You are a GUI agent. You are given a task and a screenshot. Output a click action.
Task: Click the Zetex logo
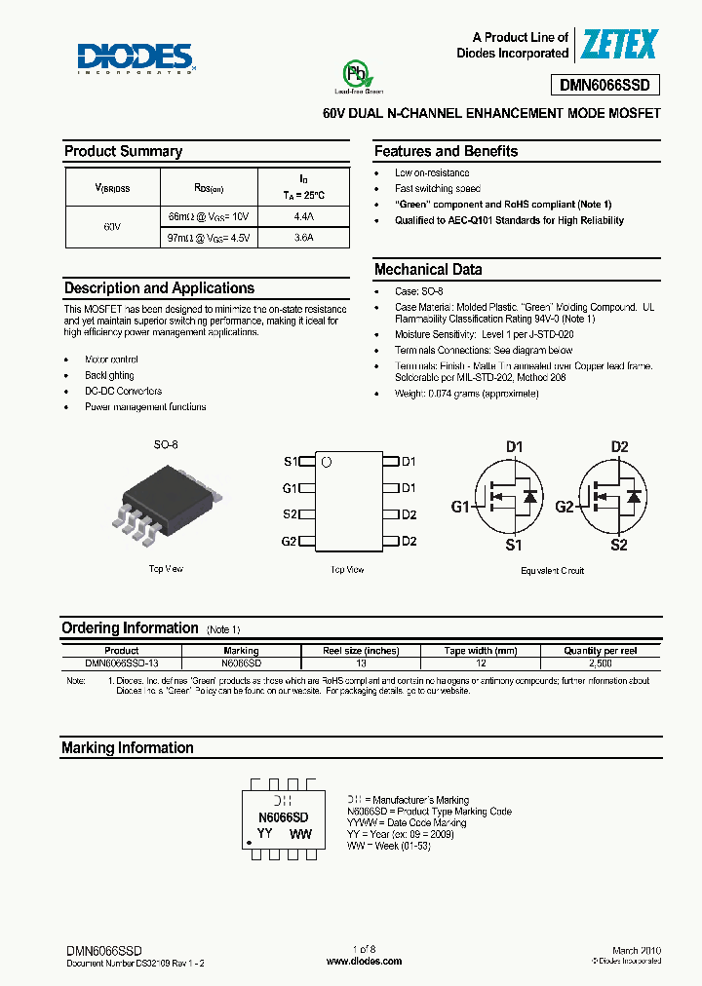pyautogui.click(x=619, y=45)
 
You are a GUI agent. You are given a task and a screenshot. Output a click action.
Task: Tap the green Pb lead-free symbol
pyautogui.click(x=356, y=75)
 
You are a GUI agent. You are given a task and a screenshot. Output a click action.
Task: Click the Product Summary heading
pyautogui.click(x=123, y=151)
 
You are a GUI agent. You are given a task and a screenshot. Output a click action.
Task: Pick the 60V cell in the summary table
pyautogui.click(x=112, y=226)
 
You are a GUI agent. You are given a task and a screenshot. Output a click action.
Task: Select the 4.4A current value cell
pyautogui.click(x=303, y=215)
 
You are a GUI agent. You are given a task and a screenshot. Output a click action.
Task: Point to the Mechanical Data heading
pyautogui.click(x=428, y=270)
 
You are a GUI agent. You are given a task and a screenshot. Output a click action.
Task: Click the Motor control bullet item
pyautogui.click(x=111, y=360)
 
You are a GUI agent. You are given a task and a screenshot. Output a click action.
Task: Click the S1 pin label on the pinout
pyautogui.click(x=290, y=462)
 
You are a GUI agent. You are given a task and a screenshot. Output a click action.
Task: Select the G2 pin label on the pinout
pyautogui.click(x=289, y=541)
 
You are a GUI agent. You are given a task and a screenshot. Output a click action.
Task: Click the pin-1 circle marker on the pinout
pyautogui.click(x=328, y=462)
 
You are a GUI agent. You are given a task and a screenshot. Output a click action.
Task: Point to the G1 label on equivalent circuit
pyautogui.click(x=459, y=507)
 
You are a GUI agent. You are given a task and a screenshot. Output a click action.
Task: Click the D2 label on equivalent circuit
pyautogui.click(x=619, y=447)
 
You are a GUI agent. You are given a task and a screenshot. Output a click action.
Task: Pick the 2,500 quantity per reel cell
pyautogui.click(x=601, y=663)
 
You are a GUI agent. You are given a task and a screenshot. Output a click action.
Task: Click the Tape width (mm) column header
pyautogui.click(x=481, y=650)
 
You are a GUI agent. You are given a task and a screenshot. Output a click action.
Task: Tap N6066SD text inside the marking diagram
pyautogui.click(x=284, y=816)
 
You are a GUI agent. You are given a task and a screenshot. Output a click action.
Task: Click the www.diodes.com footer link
pyautogui.click(x=364, y=961)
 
